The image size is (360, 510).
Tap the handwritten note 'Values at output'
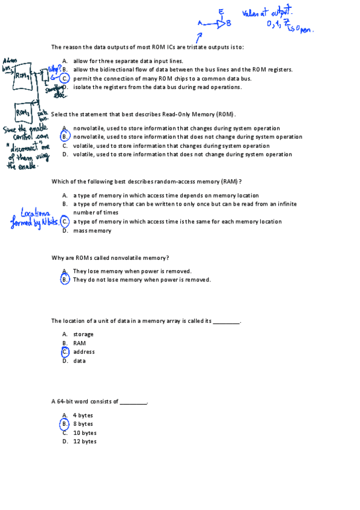coord(266,13)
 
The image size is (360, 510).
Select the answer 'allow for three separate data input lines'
coord(128,61)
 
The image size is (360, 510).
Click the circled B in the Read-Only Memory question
coord(65,137)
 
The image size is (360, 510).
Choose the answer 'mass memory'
coord(92,230)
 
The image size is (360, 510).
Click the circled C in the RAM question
coord(65,221)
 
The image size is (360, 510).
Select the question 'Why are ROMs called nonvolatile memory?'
coord(110,258)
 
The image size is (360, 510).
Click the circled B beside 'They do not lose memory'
coord(65,280)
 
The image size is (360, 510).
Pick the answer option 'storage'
coord(83,334)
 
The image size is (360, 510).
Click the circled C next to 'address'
coord(65,352)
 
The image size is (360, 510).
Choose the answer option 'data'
coord(79,361)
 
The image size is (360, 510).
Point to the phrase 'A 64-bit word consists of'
coord(85,401)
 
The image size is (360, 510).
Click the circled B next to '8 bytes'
coord(65,424)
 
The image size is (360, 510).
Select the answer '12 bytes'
coord(84,441)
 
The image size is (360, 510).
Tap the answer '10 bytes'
coord(84,433)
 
